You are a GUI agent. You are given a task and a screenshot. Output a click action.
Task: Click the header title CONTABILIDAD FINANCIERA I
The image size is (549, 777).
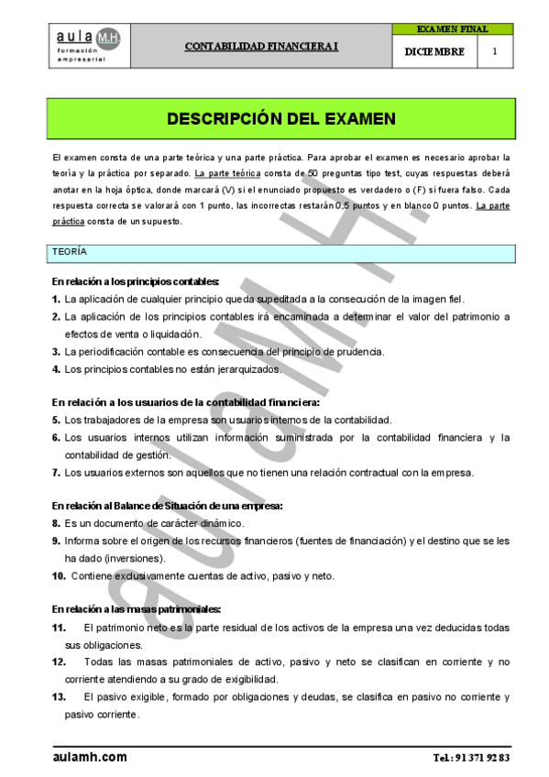pyautogui.click(x=262, y=45)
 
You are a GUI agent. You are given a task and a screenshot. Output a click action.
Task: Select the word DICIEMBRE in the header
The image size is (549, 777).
pyautogui.click(x=434, y=52)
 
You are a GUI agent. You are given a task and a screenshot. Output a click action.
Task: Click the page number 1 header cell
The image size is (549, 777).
pyautogui.click(x=495, y=52)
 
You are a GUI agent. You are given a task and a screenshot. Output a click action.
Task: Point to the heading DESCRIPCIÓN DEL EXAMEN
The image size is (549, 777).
pyautogui.click(x=280, y=119)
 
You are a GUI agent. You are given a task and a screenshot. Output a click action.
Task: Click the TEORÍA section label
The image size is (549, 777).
pyautogui.click(x=70, y=251)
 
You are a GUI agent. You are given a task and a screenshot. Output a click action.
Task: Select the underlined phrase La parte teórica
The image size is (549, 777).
pyautogui.click(x=227, y=173)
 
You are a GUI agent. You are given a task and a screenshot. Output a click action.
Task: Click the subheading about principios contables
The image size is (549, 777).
pyautogui.click(x=135, y=281)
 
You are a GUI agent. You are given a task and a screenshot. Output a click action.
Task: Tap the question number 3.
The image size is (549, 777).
pyautogui.click(x=56, y=352)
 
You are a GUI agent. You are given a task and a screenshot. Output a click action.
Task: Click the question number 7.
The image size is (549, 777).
pyautogui.click(x=56, y=473)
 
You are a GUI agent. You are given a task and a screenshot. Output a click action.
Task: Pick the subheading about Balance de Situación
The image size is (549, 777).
pyautogui.click(x=167, y=505)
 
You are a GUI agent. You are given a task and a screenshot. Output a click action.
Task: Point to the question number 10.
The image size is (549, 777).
pyautogui.click(x=59, y=575)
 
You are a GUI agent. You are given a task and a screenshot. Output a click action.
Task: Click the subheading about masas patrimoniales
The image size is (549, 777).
pyautogui.click(x=136, y=608)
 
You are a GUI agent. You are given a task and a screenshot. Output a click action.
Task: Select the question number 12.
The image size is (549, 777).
pyautogui.click(x=59, y=661)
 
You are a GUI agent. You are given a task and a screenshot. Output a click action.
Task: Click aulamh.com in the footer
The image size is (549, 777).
pyautogui.click(x=90, y=758)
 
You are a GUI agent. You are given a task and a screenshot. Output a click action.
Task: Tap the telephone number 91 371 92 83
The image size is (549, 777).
pyautogui.click(x=480, y=759)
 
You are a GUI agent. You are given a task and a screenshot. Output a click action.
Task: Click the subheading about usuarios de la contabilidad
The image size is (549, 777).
pyautogui.click(x=185, y=402)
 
